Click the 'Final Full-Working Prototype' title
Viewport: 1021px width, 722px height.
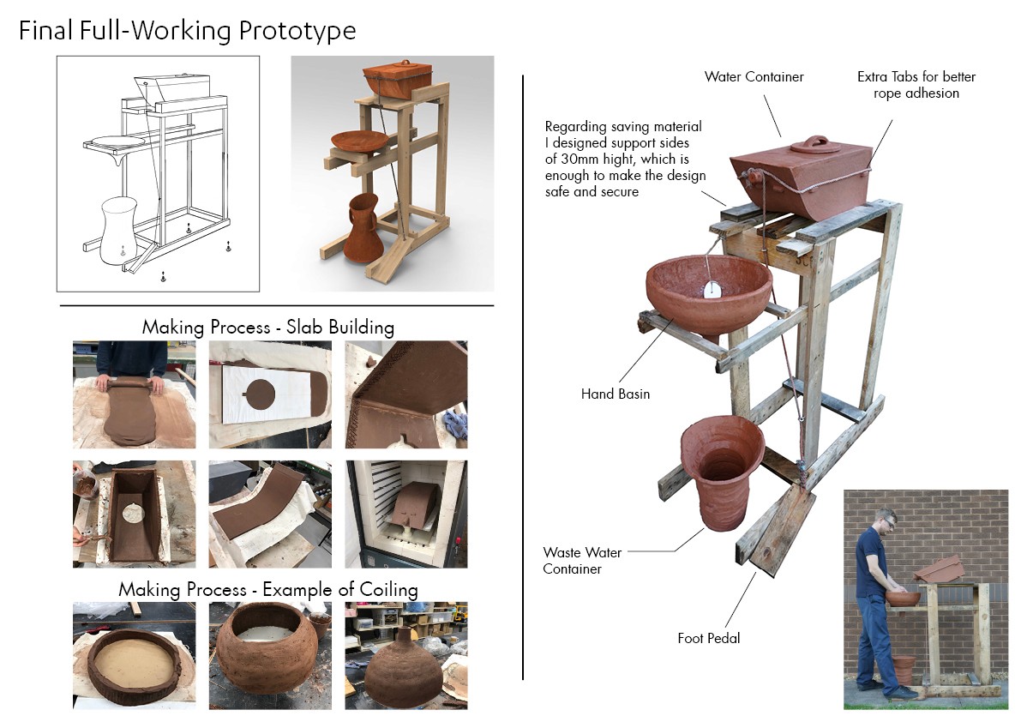[x=188, y=31]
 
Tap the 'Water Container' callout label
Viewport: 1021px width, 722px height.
[x=754, y=77]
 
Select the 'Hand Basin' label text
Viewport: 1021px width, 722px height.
[x=616, y=394]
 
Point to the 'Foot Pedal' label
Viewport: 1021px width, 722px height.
[x=708, y=638]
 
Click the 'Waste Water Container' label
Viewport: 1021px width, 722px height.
[x=582, y=561]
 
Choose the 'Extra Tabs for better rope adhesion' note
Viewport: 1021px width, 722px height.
[x=916, y=85]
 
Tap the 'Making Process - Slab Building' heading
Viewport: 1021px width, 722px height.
[x=268, y=327]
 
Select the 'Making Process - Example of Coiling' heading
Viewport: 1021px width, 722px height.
[x=268, y=590]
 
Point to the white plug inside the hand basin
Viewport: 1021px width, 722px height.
[x=712, y=290]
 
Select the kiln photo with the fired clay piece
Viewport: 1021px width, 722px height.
[x=406, y=514]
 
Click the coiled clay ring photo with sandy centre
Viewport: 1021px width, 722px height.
[x=134, y=656]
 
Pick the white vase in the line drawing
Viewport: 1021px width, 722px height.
[x=117, y=232]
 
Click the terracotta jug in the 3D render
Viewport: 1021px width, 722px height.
[x=366, y=228]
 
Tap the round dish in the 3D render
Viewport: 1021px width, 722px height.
[x=359, y=141]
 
